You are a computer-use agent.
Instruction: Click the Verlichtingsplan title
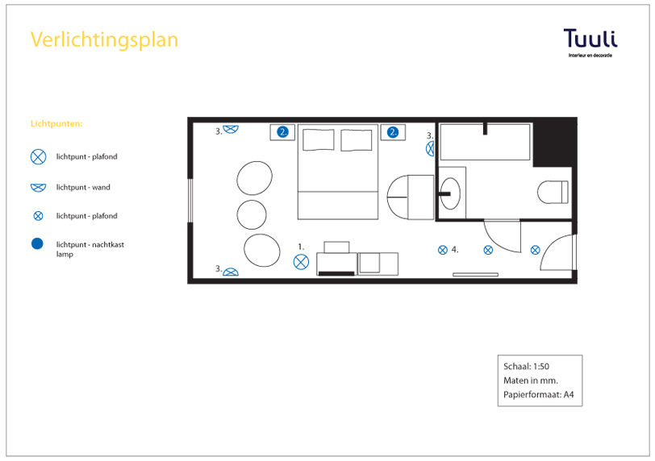click(x=104, y=40)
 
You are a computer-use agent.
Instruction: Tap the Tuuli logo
click(x=590, y=43)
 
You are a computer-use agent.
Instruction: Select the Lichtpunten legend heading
click(x=56, y=124)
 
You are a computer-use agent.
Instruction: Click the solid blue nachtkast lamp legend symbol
click(x=37, y=243)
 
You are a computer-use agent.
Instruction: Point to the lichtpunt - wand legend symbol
click(x=38, y=188)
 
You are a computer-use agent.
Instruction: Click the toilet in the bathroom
click(x=553, y=193)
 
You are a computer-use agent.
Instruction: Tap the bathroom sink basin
click(x=451, y=193)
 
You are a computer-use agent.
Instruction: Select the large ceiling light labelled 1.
click(x=301, y=262)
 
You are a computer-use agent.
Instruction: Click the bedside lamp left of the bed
click(x=283, y=132)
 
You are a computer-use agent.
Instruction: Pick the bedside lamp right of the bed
click(x=393, y=132)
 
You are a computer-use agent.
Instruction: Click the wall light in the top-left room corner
click(x=231, y=129)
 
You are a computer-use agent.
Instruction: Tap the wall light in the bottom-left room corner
click(x=231, y=272)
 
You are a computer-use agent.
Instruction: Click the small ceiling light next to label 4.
click(x=443, y=250)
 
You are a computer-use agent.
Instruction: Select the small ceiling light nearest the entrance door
click(x=535, y=250)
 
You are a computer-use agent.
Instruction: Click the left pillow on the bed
click(x=319, y=139)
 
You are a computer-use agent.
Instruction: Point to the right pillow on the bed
click(x=357, y=140)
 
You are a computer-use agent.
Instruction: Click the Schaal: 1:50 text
click(x=526, y=366)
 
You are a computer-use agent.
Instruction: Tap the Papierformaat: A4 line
click(x=539, y=395)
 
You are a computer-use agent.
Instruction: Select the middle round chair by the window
click(x=252, y=215)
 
